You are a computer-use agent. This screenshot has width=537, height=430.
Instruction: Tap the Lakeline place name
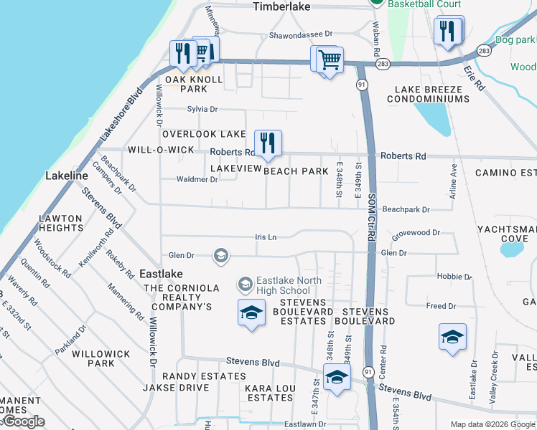pyautogui.click(x=66, y=176)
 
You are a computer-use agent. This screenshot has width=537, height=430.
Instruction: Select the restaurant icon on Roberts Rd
pyautogui.click(x=268, y=143)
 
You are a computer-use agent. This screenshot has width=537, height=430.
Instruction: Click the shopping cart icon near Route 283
pyautogui.click(x=329, y=59)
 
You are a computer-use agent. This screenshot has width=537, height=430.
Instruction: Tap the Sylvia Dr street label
pyautogui.click(x=202, y=109)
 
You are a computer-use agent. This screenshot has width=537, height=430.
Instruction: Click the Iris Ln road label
pyautogui.click(x=266, y=236)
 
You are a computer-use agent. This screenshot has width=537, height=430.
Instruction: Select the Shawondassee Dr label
pyautogui.click(x=301, y=34)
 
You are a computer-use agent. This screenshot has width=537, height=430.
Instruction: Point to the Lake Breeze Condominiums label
pyautogui.click(x=432, y=94)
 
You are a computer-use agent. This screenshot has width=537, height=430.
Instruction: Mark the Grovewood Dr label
pyautogui.click(x=416, y=233)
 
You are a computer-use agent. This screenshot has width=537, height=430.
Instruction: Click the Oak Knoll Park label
pyautogui.click(x=187, y=84)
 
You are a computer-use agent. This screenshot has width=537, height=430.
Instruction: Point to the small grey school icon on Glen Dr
pyautogui.click(x=220, y=255)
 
